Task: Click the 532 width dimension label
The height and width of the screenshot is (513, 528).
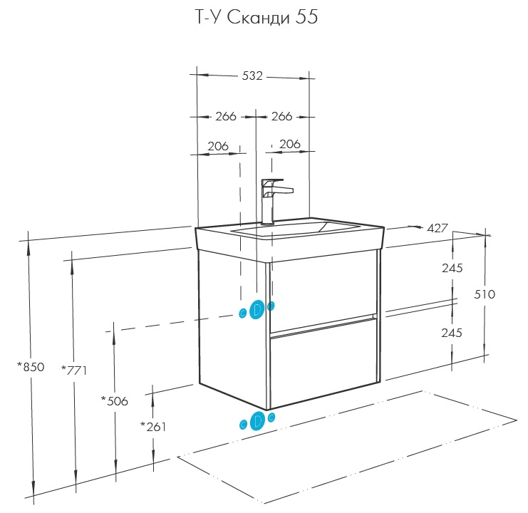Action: [x=253, y=76]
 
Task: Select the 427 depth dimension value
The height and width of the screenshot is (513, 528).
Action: [x=437, y=229]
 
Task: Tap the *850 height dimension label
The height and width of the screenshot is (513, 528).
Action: [x=31, y=368]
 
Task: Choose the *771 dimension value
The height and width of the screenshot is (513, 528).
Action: [x=74, y=370]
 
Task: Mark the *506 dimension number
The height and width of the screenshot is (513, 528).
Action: [x=115, y=401]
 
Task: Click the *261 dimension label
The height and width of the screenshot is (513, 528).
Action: [x=154, y=426]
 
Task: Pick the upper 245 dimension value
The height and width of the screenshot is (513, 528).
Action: [x=452, y=269]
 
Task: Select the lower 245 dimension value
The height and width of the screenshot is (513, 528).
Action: [x=452, y=333]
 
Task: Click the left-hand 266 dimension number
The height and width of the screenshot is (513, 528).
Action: [x=226, y=116]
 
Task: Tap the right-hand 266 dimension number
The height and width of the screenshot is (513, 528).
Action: [x=282, y=116]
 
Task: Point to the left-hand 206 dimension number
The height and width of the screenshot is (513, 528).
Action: [x=218, y=146]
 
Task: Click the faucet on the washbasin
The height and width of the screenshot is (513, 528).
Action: [x=272, y=199]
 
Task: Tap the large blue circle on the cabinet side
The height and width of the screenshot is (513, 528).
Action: [x=257, y=309]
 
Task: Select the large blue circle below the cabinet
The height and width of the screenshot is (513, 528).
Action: [x=257, y=421]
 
